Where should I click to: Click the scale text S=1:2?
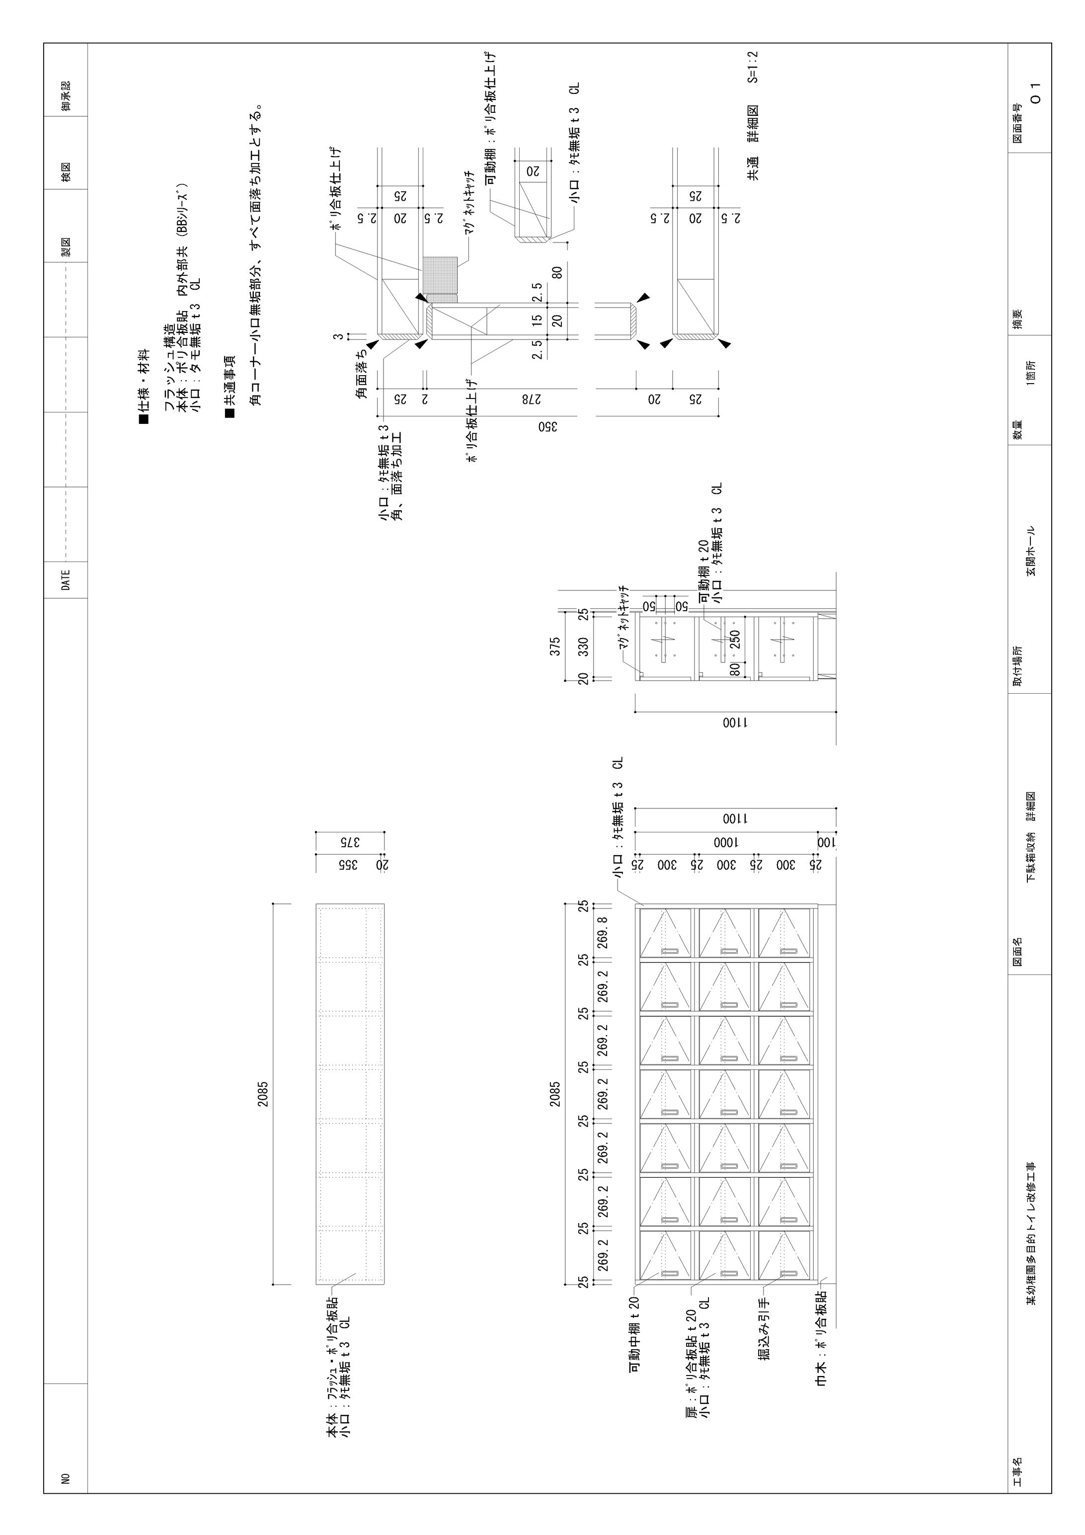753,67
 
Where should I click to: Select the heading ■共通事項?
230,387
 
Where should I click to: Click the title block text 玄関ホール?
1031,550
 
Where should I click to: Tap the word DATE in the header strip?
66,579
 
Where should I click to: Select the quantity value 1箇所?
1031,372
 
